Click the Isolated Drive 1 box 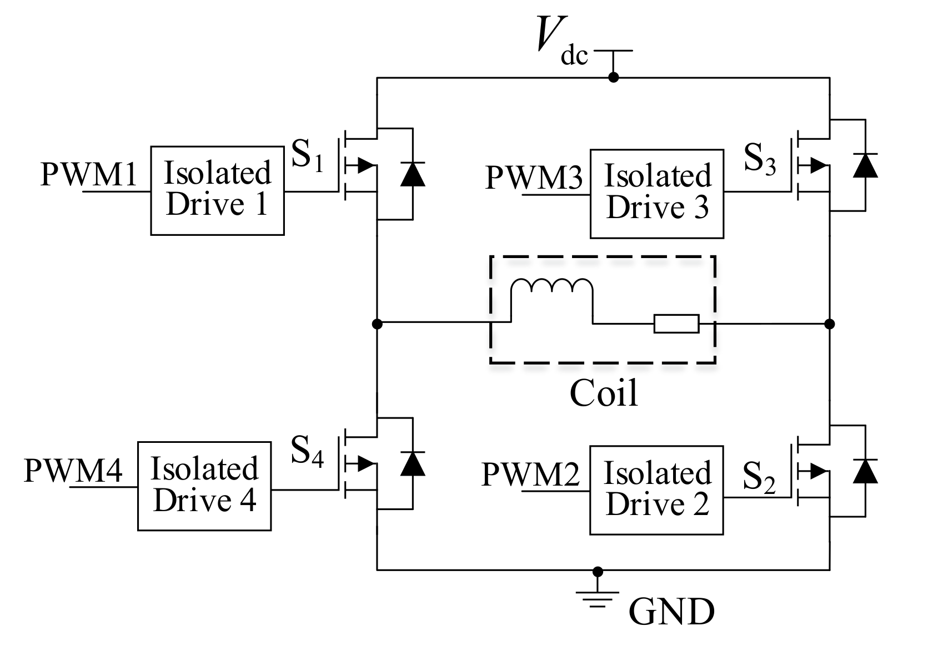click(217, 190)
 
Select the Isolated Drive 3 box click(656, 194)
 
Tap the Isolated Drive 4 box click(204, 486)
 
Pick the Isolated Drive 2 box click(656, 489)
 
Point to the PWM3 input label click(534, 178)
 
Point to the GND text click(671, 612)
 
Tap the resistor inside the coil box click(676, 324)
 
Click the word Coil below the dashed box click(604, 393)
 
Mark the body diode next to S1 click(413, 174)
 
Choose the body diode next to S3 click(865, 165)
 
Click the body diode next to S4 click(413, 464)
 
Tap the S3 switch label click(759, 160)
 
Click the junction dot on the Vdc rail click(613, 77)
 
